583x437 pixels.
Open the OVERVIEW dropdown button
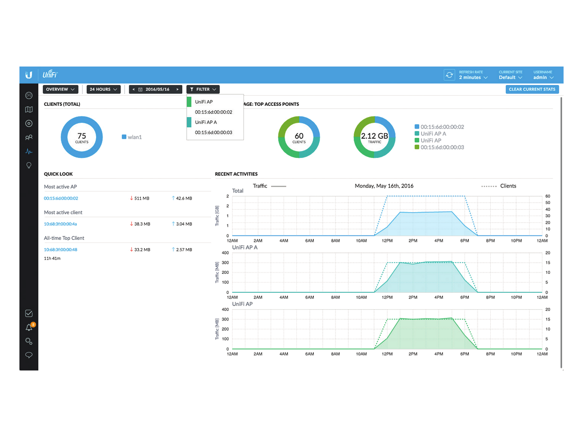click(x=60, y=89)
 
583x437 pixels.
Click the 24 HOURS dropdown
click(x=103, y=89)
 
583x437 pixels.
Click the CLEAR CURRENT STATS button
click(x=532, y=89)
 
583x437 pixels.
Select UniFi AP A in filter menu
click(x=206, y=122)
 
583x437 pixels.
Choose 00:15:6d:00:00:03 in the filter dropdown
click(x=213, y=133)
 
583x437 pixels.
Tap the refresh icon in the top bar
click(x=449, y=75)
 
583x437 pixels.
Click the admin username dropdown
click(x=543, y=78)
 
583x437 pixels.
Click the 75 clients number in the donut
click(x=82, y=136)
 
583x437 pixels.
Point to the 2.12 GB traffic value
click(x=374, y=136)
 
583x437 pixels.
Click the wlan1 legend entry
click(x=132, y=137)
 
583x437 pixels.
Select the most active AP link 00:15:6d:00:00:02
click(x=61, y=198)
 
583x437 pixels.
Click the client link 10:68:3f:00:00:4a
click(x=60, y=224)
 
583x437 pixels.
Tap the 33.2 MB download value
click(x=140, y=250)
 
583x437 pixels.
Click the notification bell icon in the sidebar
click(x=29, y=327)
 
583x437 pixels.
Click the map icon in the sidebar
click(x=29, y=110)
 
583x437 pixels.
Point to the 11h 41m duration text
click(x=52, y=258)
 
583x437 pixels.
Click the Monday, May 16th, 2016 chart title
click(x=384, y=186)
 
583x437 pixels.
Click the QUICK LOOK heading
click(x=58, y=174)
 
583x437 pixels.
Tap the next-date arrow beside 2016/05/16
click(x=177, y=89)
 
